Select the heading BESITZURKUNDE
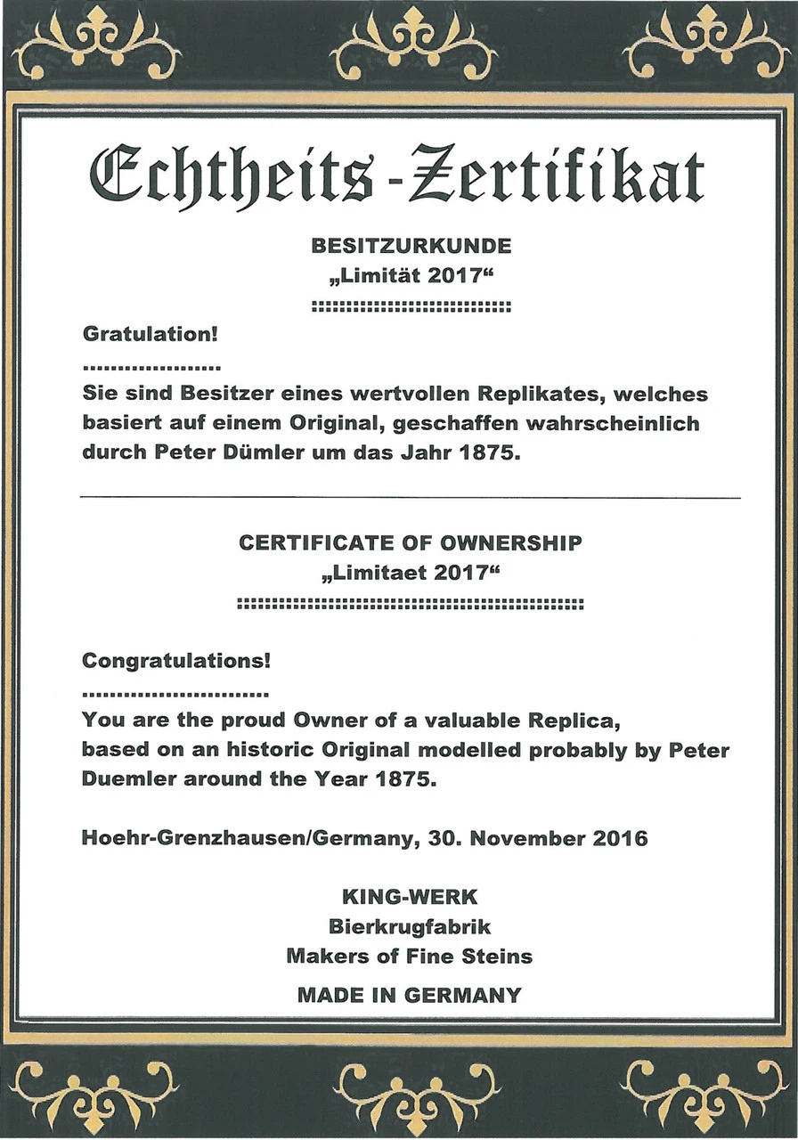[x=411, y=244]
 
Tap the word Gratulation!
[x=150, y=336]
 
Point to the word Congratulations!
[x=176, y=662]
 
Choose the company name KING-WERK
[x=410, y=897]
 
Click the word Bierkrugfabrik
[x=410, y=926]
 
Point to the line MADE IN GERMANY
[x=410, y=995]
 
